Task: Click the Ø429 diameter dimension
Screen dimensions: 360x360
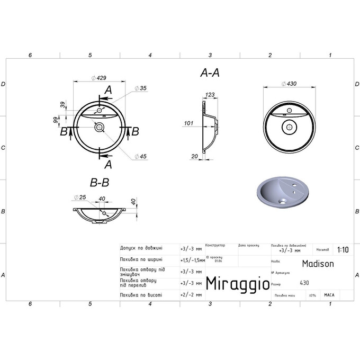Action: pos(100,77)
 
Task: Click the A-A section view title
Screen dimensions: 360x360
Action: pos(210,74)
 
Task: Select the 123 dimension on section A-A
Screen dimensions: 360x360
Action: pos(210,95)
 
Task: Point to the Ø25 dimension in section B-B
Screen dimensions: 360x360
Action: pos(82,198)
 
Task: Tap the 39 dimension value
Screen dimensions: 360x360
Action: pos(62,105)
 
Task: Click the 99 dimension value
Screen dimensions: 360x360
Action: pos(55,120)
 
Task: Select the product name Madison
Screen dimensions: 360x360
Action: pos(318,263)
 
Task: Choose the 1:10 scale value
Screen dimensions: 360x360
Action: pos(343,249)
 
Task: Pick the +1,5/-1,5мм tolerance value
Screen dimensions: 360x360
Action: pos(192,260)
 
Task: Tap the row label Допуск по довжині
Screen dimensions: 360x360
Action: pos(141,248)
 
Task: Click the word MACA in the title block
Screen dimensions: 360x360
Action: pos(329,295)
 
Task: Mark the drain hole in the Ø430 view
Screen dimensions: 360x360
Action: pos(289,126)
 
